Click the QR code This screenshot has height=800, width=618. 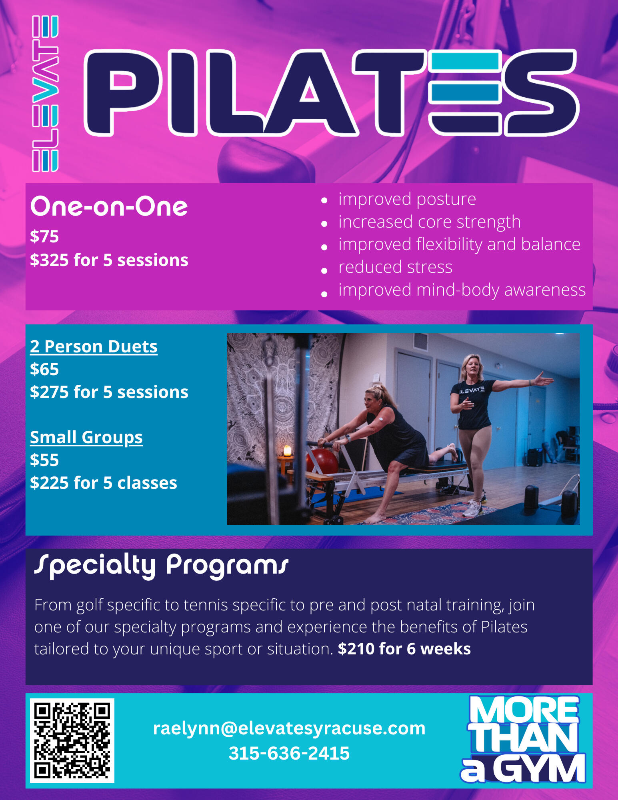pos(72,740)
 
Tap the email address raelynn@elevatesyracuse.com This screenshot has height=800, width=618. pos(289,728)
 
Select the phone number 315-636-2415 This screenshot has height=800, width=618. pos(289,753)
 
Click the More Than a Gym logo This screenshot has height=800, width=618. pos(524,739)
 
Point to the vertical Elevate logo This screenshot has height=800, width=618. pos(45,94)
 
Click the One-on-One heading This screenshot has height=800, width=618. pos(109,207)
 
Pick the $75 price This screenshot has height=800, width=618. pos(44,236)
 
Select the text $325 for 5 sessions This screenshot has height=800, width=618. pos(109,260)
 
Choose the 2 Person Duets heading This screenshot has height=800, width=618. pos(94,346)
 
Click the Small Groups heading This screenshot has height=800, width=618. pos(86,438)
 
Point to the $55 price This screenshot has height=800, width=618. pos(44,460)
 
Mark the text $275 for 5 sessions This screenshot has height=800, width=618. pos(109,392)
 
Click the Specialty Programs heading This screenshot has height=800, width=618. pos(161,565)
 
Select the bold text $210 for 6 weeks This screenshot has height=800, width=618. pos(404,649)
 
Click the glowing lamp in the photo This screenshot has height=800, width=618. pos(287,451)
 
